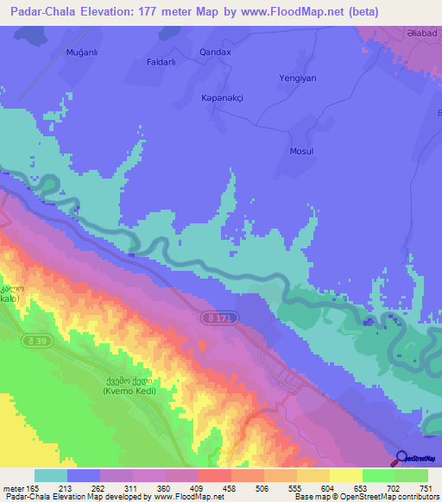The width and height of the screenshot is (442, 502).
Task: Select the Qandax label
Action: click(x=215, y=52)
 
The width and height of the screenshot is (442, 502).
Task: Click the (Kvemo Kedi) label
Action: click(x=130, y=392)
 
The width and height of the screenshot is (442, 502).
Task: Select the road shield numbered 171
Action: click(x=223, y=318)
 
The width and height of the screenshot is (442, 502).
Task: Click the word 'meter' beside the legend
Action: click(x=13, y=489)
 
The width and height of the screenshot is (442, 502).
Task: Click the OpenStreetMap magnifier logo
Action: click(x=403, y=460)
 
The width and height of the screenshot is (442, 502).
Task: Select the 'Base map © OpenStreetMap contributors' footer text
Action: click(x=365, y=497)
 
